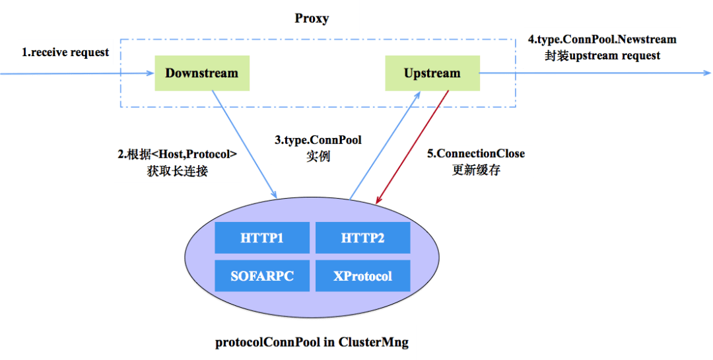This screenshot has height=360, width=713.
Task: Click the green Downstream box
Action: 202,73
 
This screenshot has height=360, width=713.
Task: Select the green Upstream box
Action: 432,73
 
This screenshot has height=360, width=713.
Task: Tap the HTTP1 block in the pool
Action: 262,238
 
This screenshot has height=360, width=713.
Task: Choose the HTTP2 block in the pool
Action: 363,238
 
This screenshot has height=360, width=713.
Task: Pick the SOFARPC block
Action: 262,276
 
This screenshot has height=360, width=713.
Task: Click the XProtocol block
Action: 363,276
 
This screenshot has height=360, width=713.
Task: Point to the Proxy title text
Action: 312,18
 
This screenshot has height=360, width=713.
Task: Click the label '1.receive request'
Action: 65,52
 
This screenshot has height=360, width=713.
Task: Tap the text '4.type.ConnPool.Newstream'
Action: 602,40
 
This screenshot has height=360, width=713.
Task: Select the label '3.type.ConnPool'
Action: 318,140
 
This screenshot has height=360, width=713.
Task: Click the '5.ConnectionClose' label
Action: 475,154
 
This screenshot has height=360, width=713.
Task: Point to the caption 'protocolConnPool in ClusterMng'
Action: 312,342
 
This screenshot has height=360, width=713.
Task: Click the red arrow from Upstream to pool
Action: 412,147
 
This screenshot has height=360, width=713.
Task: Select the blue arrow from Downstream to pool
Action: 245,145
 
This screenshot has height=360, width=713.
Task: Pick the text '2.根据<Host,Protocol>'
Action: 178,155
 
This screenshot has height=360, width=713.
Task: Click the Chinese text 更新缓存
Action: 476,170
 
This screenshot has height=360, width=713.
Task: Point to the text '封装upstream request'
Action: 602,56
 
